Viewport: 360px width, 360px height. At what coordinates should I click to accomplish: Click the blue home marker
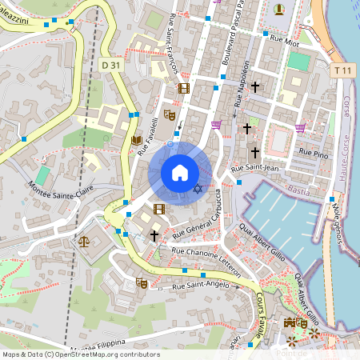click(180, 172)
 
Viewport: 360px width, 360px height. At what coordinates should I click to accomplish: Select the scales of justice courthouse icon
click(85, 240)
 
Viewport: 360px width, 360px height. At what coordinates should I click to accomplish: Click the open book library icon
click(136, 140)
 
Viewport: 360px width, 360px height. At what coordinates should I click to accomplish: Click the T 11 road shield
click(343, 71)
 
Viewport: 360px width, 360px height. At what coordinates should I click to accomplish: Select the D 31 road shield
click(111, 64)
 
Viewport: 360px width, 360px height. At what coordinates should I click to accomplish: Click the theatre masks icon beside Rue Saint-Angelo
click(141, 282)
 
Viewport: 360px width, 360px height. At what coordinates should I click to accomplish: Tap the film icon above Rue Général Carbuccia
click(158, 209)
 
